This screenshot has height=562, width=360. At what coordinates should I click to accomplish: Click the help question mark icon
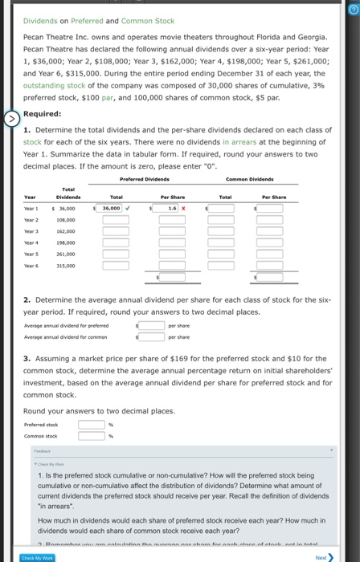click(350, 9)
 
